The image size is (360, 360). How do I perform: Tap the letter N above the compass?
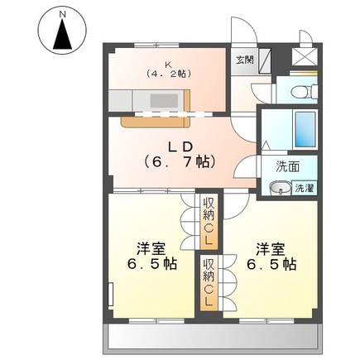tap(62, 13)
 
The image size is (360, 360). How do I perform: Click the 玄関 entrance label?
tap(244, 60)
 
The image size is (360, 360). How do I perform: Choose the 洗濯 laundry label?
tap(305, 189)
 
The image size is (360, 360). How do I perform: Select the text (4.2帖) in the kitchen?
tap(169, 74)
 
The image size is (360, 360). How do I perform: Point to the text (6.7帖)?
tap(177, 161)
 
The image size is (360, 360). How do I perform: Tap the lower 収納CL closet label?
tap(209, 284)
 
